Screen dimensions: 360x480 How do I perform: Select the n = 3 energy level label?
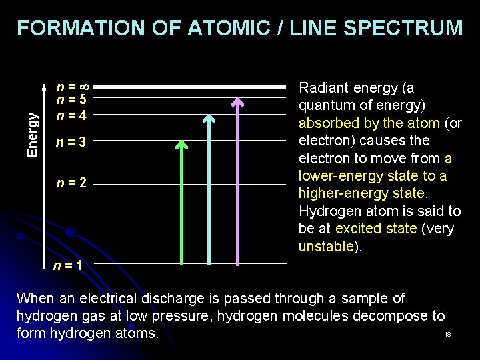72,141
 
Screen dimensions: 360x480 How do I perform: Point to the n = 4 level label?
72,115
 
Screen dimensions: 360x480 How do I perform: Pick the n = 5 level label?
72,101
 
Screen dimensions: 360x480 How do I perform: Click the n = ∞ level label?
73,87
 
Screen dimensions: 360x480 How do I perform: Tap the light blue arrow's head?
209,119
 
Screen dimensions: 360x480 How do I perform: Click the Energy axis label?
31,134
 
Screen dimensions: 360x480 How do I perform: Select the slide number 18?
447,334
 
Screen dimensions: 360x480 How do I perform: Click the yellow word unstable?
325,247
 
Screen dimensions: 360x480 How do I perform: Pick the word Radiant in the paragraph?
324,88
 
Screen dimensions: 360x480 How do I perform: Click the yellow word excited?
357,229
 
